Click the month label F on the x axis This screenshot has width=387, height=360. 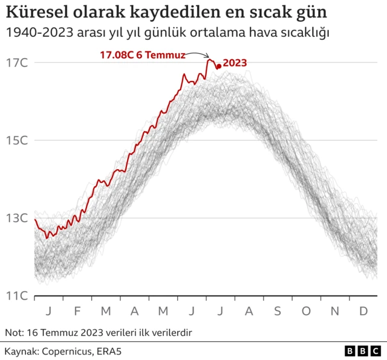77,310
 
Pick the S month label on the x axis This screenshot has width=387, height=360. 278,310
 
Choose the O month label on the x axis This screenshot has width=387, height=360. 306,310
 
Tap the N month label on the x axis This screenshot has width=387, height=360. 335,310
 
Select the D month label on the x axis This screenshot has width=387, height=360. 363,310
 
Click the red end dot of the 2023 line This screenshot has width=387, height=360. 218,66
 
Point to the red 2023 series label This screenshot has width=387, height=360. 235,62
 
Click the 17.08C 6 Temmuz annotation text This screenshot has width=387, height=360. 142,55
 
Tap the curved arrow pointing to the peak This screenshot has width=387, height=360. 198,54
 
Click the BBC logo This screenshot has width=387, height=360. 362,351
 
